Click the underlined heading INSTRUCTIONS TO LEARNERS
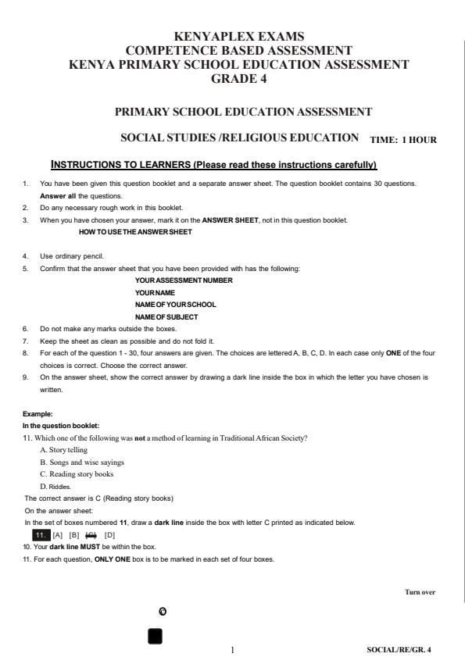coord(213,165)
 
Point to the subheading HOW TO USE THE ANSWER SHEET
coord(135,231)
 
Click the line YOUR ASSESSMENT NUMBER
coord(183,280)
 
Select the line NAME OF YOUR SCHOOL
coord(175,304)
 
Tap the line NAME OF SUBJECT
coord(166,316)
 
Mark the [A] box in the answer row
coord(58,534)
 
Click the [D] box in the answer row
coord(109,534)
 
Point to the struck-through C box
coord(91,534)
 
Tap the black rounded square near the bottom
coord(156,636)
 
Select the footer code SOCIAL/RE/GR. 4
coord(399,648)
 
